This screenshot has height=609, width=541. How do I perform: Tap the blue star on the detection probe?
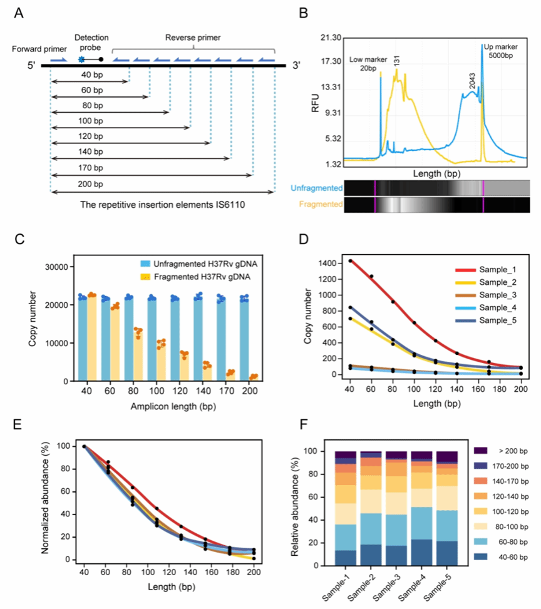tap(81, 59)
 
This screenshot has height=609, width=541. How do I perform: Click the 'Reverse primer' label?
tap(193, 38)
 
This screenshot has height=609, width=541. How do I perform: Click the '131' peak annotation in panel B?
tap(397, 61)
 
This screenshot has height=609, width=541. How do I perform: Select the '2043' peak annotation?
tap(473, 80)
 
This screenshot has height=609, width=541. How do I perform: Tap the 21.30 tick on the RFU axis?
tap(329, 38)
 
